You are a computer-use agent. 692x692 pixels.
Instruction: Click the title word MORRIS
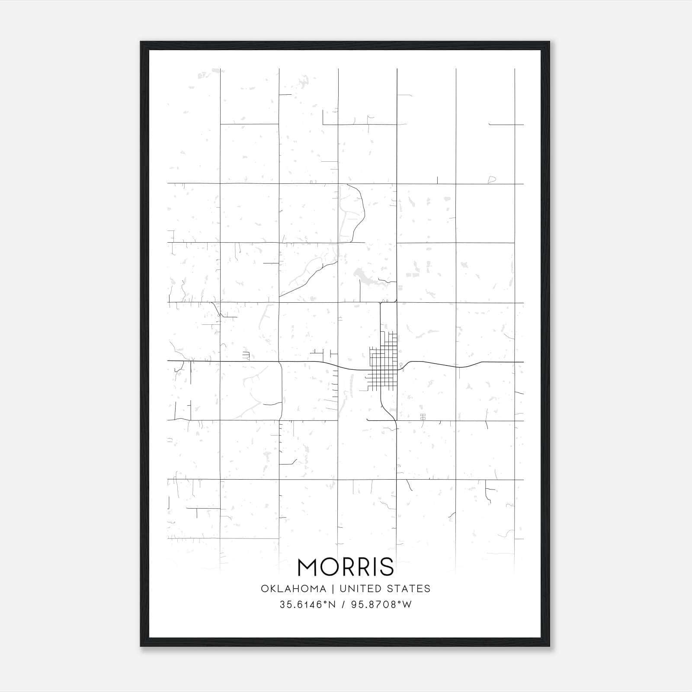point(346,567)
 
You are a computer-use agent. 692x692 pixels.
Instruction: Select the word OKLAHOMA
point(293,589)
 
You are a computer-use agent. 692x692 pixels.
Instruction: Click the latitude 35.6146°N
point(308,605)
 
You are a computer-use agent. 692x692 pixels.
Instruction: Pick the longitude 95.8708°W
point(381,605)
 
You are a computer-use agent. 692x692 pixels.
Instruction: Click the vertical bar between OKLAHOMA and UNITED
point(333,589)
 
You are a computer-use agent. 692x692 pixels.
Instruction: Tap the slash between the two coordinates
point(343,605)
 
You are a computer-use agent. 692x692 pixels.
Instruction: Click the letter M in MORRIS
point(308,567)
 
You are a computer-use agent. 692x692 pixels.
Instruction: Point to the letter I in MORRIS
point(375,567)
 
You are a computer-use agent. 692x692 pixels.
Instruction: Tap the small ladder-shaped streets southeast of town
point(423,416)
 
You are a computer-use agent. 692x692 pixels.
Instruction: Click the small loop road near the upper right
point(491,179)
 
